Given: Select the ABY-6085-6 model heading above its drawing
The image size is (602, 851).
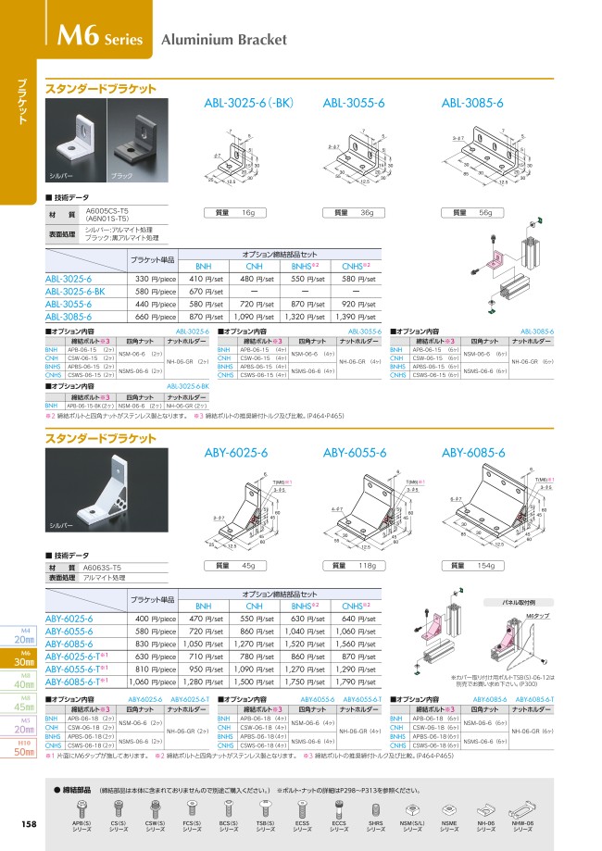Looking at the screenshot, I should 473,453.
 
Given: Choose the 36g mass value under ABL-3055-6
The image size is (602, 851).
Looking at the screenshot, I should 366,213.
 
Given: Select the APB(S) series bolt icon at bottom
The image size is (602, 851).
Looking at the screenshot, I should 81,812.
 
